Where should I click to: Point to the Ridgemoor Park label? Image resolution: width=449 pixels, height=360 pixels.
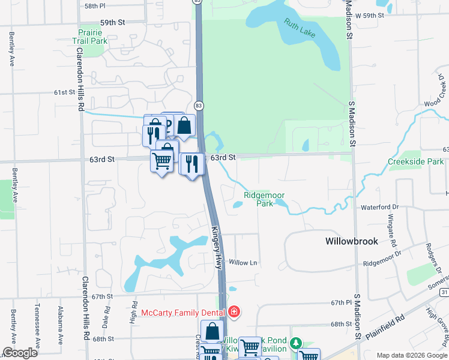[264, 199]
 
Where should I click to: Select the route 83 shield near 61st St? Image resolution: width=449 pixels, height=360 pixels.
[199, 105]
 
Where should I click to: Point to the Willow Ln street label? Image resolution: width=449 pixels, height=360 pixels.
[243, 263]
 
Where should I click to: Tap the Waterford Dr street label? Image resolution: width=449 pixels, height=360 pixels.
[379, 207]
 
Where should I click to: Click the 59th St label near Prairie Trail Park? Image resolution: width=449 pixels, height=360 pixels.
[112, 22]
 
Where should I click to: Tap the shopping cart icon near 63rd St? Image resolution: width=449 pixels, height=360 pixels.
[161, 161]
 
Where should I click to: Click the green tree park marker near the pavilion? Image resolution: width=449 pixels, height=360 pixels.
[295, 344]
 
